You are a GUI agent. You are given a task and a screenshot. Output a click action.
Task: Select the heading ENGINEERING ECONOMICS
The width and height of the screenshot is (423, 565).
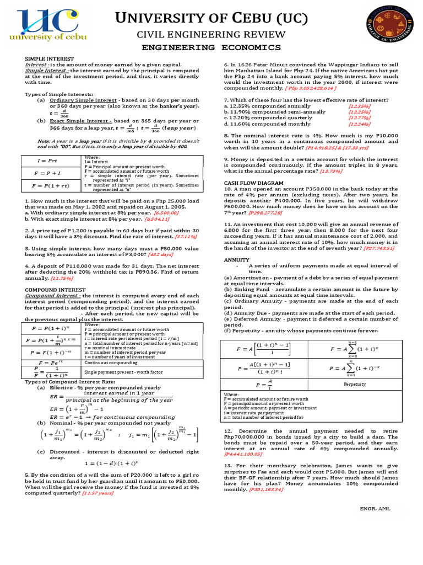click(x=211, y=48)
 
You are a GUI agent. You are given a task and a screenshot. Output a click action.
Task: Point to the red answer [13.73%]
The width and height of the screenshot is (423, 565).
click(x=331, y=171)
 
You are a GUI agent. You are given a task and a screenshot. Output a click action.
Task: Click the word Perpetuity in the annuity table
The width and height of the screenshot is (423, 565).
click(x=355, y=383)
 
